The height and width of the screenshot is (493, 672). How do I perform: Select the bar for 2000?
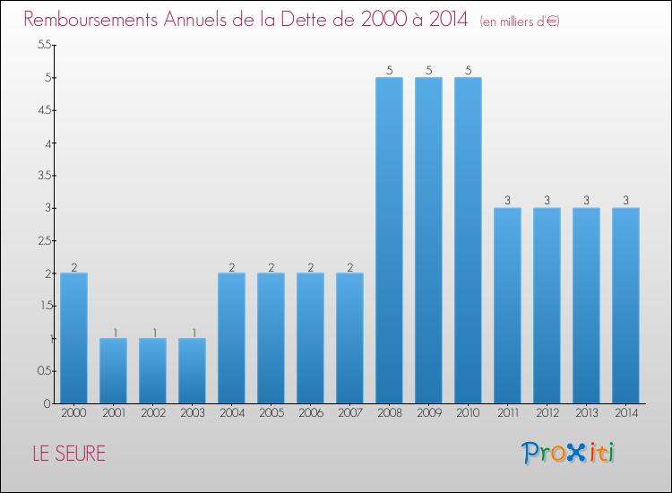pos(73,338)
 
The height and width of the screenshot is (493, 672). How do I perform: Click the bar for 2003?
pos(192,370)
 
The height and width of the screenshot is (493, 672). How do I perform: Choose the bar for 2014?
pos(625,306)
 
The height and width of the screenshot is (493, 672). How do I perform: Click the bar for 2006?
pos(310,338)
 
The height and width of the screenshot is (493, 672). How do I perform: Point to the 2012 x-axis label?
pos(547,412)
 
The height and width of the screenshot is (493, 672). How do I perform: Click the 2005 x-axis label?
pos(271,412)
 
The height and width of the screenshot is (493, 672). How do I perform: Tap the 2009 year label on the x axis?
pos(428,412)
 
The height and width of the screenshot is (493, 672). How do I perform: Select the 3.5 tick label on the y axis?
pos(45,176)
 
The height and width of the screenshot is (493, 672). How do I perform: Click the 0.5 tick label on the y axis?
pos(45,371)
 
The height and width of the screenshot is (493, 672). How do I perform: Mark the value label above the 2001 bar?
pos(113,332)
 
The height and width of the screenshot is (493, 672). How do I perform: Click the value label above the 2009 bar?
pos(428,71)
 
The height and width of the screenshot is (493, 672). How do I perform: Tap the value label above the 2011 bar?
pos(507,201)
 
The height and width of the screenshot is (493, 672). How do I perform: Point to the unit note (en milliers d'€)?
pos(520,21)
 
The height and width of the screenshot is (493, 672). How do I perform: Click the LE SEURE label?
pos(69,454)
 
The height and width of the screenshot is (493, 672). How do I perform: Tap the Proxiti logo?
pos(567,453)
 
